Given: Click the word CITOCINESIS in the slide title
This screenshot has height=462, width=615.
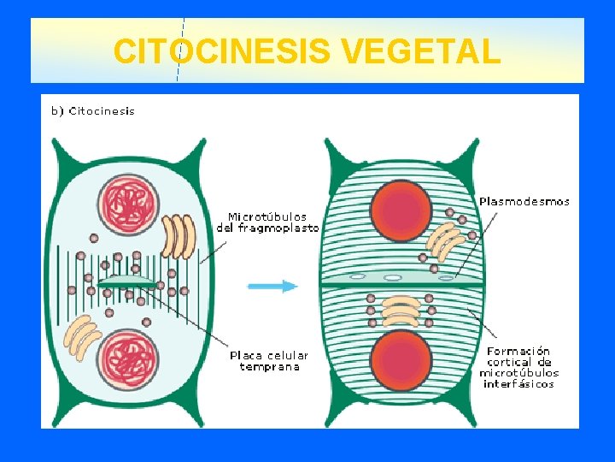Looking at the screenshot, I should [222, 51].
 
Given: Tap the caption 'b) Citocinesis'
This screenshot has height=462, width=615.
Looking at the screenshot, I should [92, 110].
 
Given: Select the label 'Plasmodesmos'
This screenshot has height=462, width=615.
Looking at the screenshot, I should [524, 202].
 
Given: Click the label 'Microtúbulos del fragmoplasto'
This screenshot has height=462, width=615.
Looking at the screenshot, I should [267, 222].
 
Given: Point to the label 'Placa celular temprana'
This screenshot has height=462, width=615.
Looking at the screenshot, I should [269, 361].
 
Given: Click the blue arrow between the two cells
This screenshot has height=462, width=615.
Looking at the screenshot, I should [272, 287].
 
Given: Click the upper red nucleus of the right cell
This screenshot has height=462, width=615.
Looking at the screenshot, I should [401, 210].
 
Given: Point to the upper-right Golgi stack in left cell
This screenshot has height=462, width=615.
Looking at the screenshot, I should [179, 236].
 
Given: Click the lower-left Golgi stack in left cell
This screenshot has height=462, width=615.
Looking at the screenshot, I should [84, 336].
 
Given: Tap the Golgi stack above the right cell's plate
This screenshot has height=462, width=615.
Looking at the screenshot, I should [445, 240].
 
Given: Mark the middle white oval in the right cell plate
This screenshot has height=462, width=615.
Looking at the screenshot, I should [393, 278].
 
